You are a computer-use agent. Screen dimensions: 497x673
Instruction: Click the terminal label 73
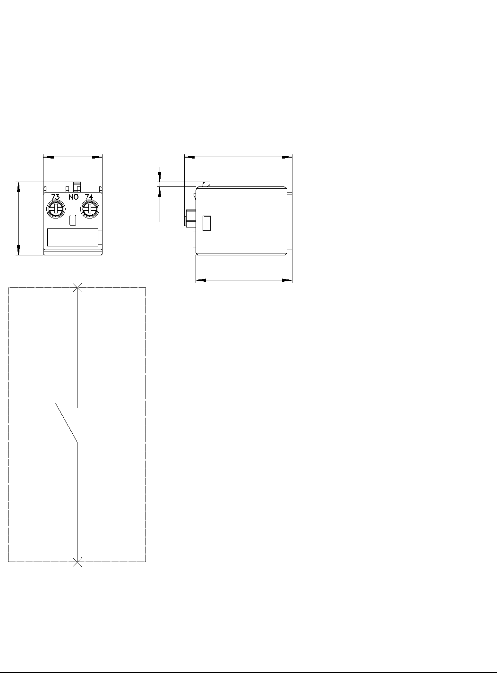point(56,197)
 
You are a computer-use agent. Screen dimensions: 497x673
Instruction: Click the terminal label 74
point(89,197)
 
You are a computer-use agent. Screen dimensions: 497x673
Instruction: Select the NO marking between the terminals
point(73,197)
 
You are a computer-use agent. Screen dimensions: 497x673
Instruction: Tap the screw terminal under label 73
point(56,209)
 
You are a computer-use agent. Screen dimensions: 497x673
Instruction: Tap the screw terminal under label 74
point(90,209)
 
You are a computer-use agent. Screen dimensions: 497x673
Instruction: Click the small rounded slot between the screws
point(73,220)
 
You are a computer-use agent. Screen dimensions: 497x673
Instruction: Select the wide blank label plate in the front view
point(73,237)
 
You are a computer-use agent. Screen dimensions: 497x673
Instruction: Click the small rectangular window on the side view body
point(206,223)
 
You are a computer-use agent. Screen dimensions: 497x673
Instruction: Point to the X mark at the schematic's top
point(77,287)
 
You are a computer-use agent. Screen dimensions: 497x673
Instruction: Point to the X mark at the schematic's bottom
point(77,562)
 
